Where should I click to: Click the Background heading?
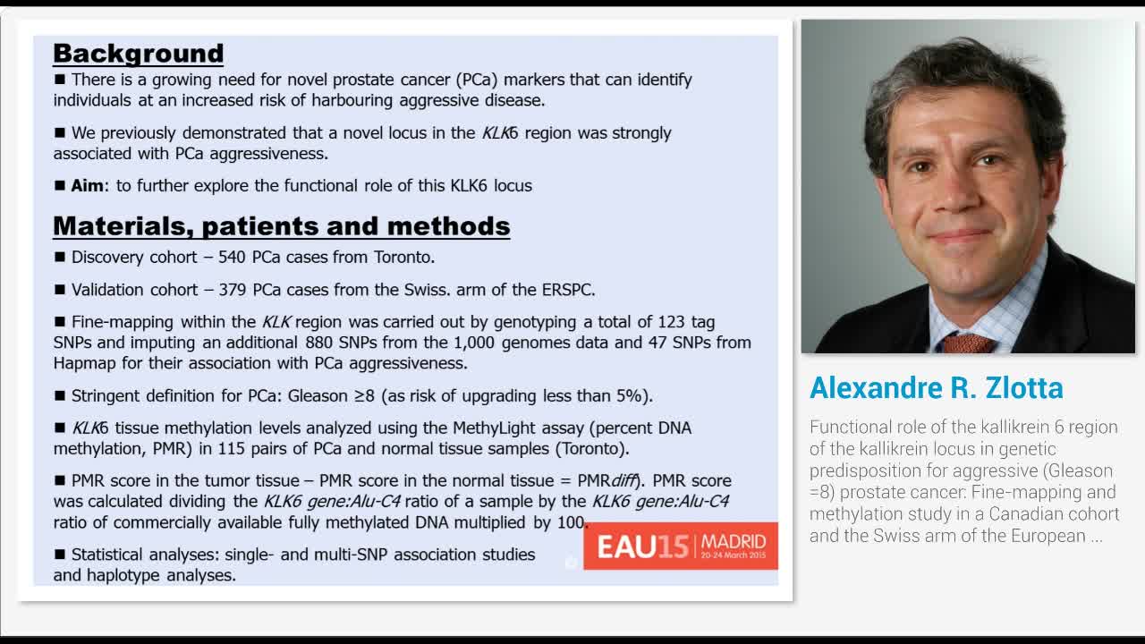click(139, 54)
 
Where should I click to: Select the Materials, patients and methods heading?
click(282, 226)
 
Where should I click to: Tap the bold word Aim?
click(88, 185)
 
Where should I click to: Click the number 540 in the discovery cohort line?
click(232, 257)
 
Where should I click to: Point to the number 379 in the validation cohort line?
click(233, 290)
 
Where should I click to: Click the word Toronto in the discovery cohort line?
click(403, 257)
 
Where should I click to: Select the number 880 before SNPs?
click(319, 343)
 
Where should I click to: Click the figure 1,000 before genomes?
click(474, 343)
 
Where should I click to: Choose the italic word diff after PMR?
click(623, 481)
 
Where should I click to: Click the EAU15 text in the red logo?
click(642, 547)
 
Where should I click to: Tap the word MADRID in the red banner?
click(734, 541)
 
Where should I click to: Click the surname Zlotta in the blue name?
click(1024, 388)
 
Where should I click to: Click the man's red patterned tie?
click(969, 343)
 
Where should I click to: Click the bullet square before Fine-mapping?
click(60, 321)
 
